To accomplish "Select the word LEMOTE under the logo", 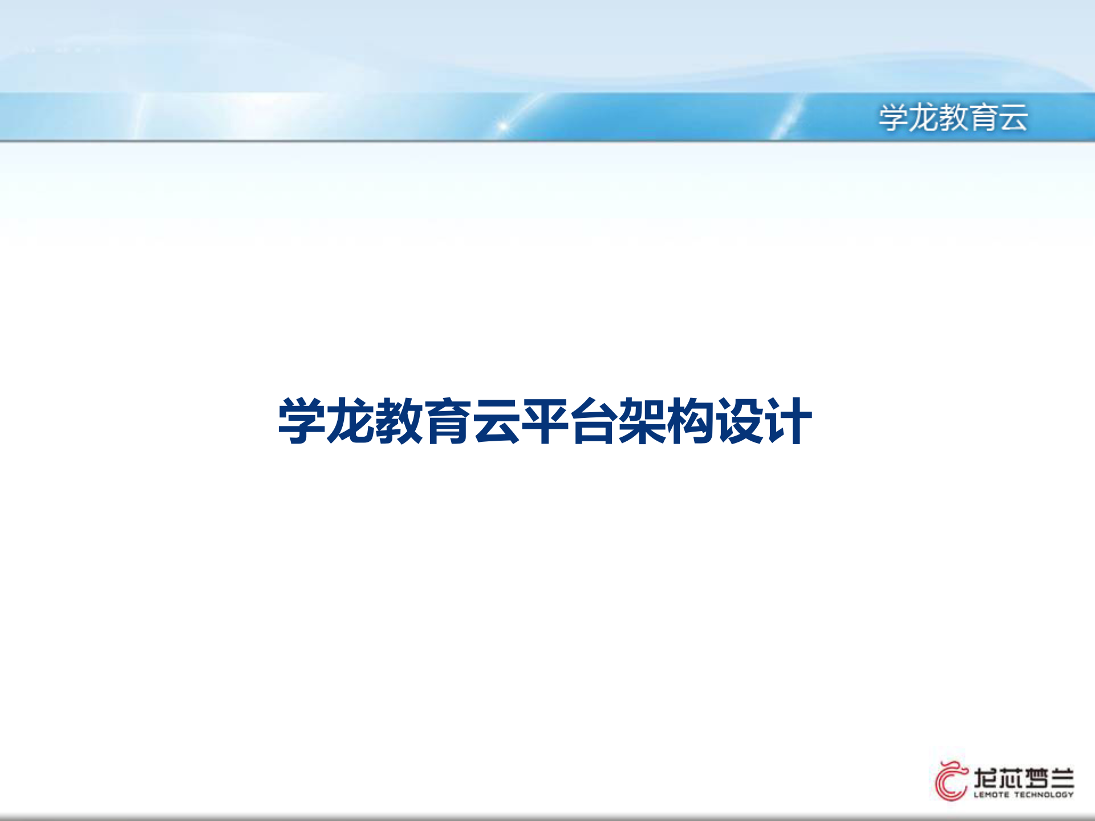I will pos(991,795).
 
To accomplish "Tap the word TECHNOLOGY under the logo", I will pos(1044,795).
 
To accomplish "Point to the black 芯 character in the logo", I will pos(1011,778).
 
